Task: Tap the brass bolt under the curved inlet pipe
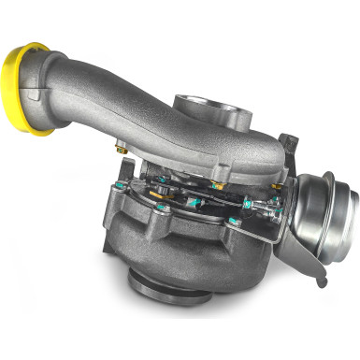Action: tap(122, 146)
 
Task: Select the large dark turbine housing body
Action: tap(178, 243)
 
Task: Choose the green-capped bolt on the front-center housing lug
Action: tap(161, 207)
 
